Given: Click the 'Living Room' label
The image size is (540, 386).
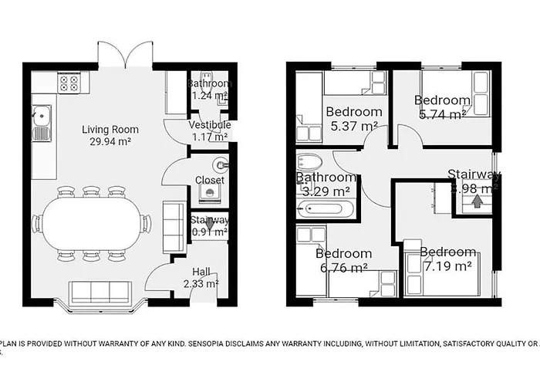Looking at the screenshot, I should [110, 129].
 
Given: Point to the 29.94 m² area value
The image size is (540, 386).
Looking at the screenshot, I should [110, 143].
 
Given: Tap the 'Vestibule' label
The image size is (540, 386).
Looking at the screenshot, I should [210, 125].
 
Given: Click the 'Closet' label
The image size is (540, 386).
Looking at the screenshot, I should [210, 181].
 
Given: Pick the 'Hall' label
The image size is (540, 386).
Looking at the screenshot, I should [201, 270].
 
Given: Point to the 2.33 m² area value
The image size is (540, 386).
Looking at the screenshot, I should [201, 283].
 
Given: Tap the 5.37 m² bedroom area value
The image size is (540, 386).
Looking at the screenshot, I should [352, 126].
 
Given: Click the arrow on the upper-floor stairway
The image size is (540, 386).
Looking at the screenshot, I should [477, 202].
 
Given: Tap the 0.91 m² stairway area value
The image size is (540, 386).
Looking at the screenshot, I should [209, 232].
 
